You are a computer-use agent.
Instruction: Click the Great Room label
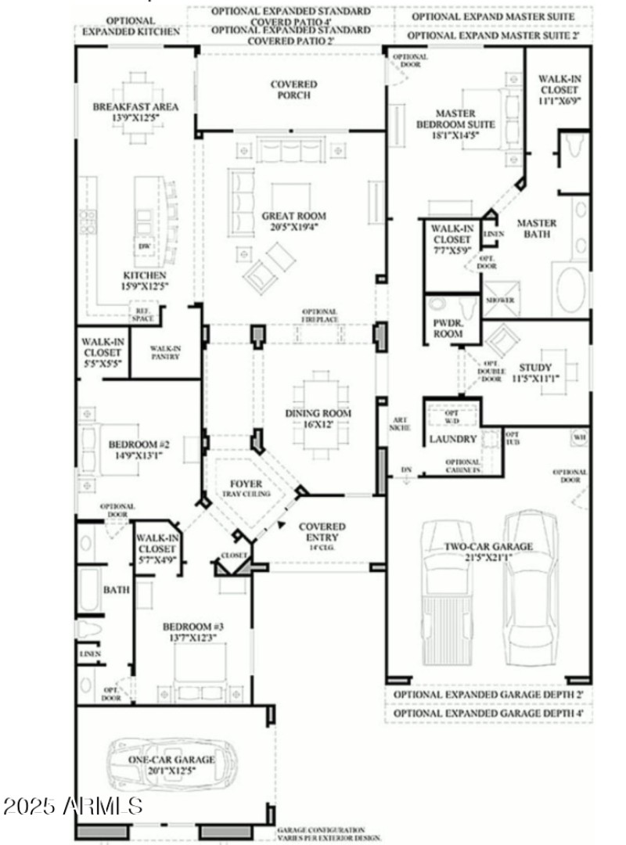(294, 216)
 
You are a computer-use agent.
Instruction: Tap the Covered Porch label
(293, 90)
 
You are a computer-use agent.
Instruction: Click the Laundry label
(452, 440)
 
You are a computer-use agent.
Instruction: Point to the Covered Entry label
(318, 533)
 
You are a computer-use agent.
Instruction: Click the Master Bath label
(537, 228)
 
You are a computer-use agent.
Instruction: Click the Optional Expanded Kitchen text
(131, 26)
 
